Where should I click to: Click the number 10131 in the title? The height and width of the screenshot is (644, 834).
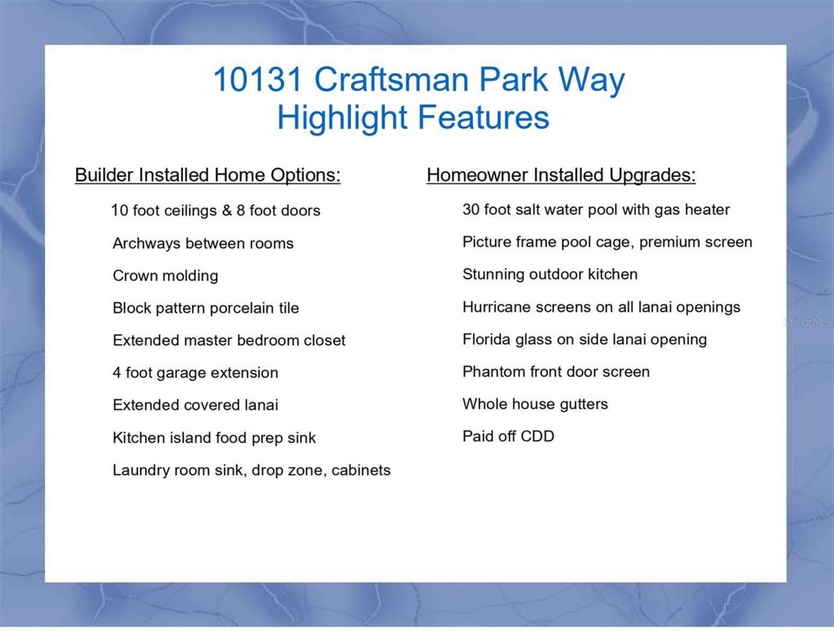click(258, 80)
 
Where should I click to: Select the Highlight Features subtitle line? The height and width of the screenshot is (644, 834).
click(413, 118)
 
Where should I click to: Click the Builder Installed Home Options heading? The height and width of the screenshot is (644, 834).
click(207, 175)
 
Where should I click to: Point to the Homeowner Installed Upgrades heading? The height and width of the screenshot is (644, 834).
click(561, 175)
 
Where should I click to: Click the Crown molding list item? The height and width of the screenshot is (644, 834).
click(165, 275)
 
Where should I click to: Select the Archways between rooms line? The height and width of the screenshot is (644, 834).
click(203, 244)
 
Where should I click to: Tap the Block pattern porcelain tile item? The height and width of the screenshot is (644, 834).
click(206, 308)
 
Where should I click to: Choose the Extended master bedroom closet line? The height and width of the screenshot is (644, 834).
click(229, 340)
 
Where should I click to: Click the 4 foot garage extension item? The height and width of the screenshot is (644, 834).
click(195, 372)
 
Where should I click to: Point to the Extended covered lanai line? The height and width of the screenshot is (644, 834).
click(195, 405)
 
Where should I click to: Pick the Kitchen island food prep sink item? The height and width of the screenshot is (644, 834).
click(214, 438)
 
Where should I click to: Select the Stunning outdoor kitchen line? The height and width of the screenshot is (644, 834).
click(550, 274)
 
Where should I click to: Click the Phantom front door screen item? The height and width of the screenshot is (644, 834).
click(556, 372)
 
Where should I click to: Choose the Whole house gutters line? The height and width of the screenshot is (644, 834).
click(535, 404)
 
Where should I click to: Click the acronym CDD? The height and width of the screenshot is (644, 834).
click(538, 436)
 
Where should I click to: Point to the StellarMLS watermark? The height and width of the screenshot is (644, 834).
click(808, 322)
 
